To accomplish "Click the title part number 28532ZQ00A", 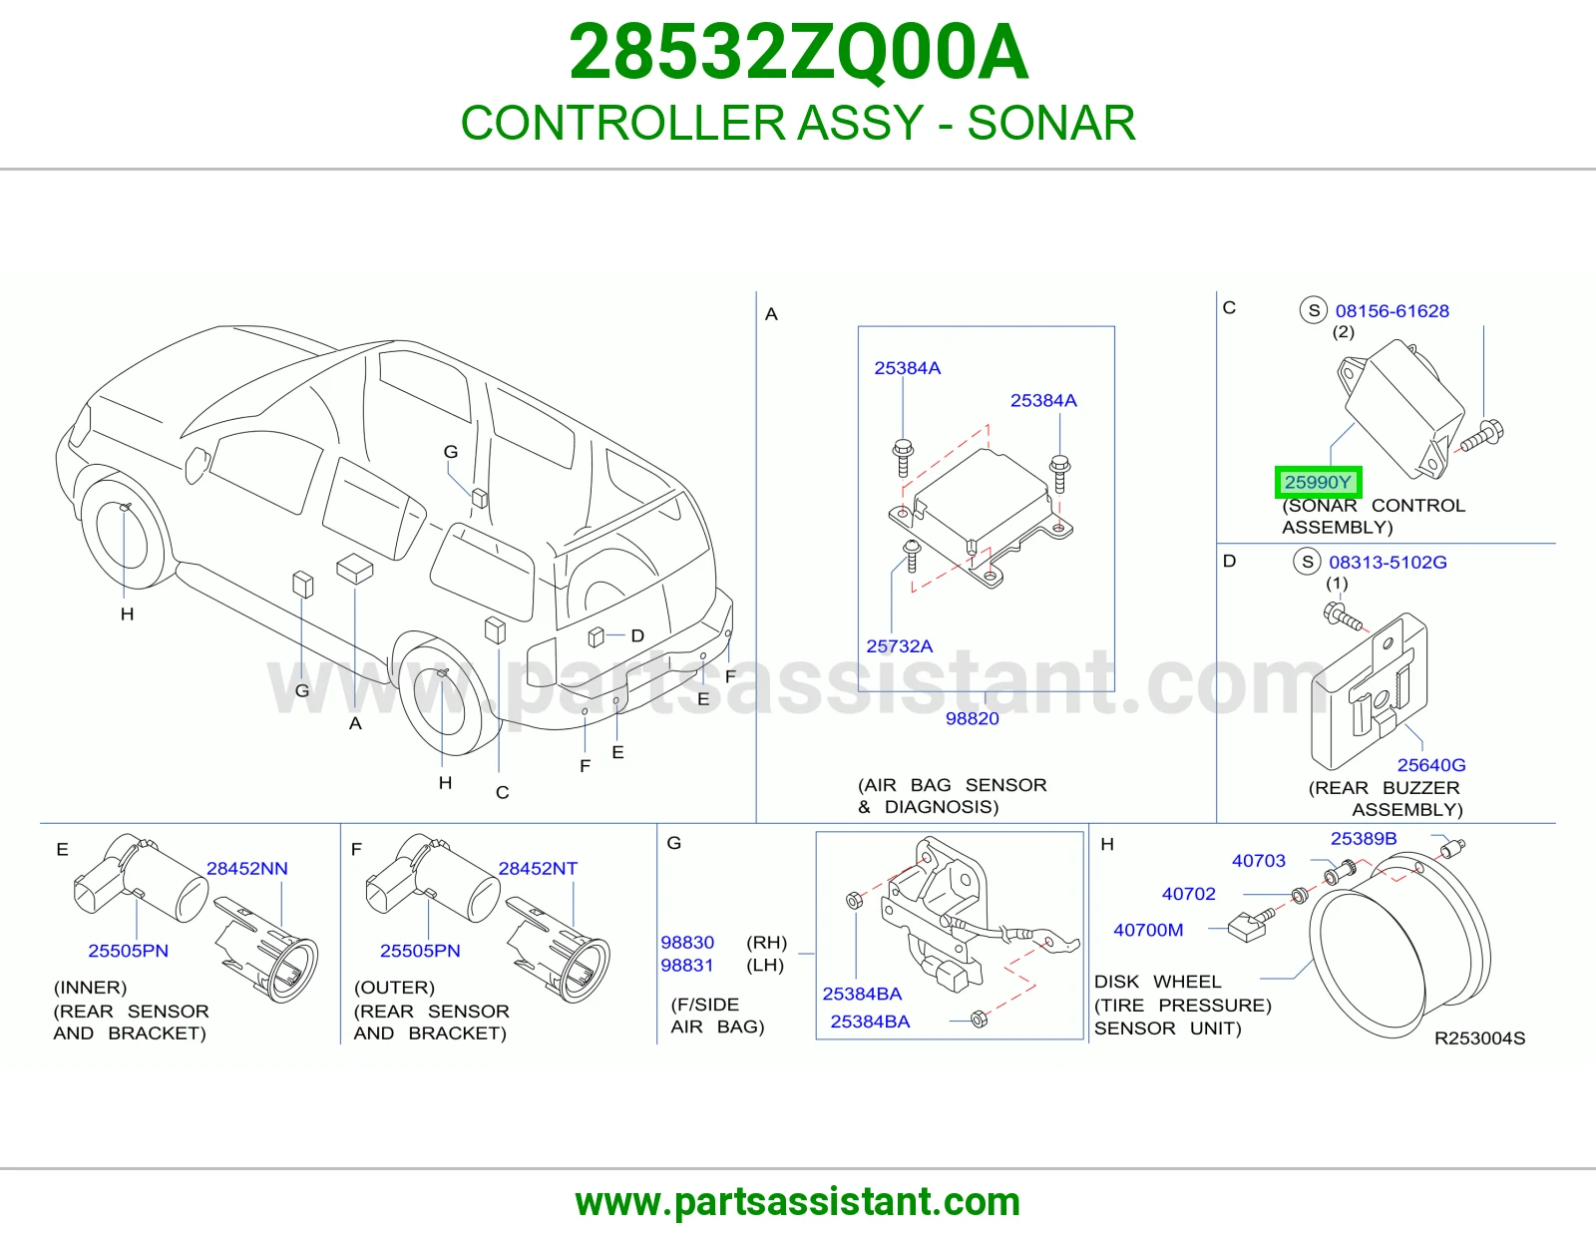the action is [798, 52].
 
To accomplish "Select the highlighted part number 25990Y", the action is [1318, 483].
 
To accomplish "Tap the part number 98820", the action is [972, 718].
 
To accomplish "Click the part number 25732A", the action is [899, 646].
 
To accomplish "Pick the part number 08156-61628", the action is [1392, 310].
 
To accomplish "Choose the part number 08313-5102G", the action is [1388, 562].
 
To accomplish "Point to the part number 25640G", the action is [1430, 765].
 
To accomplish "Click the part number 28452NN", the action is [246, 868].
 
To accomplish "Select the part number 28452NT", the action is [538, 868].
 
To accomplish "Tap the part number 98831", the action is [686, 966].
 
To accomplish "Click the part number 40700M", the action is [1148, 930].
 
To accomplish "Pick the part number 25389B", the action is [1364, 839].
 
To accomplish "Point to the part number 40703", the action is [1258, 861].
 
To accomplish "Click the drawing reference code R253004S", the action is [1479, 1037].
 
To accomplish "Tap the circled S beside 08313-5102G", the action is [1307, 563].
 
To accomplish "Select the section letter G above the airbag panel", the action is [673, 843].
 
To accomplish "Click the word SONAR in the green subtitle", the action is [1051, 123].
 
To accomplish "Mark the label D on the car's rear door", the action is [636, 635].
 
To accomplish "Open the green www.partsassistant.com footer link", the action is [798, 1202].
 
